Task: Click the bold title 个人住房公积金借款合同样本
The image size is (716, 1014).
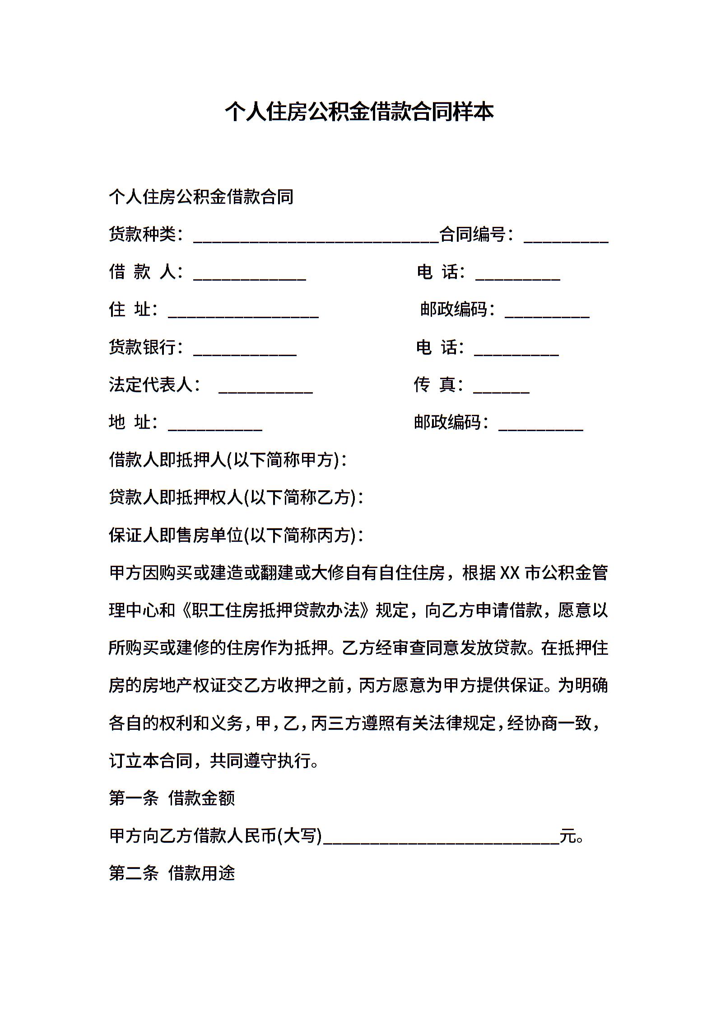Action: tap(359, 112)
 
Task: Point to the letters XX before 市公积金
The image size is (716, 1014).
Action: tap(510, 573)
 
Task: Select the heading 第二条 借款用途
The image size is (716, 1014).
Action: tap(172, 874)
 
